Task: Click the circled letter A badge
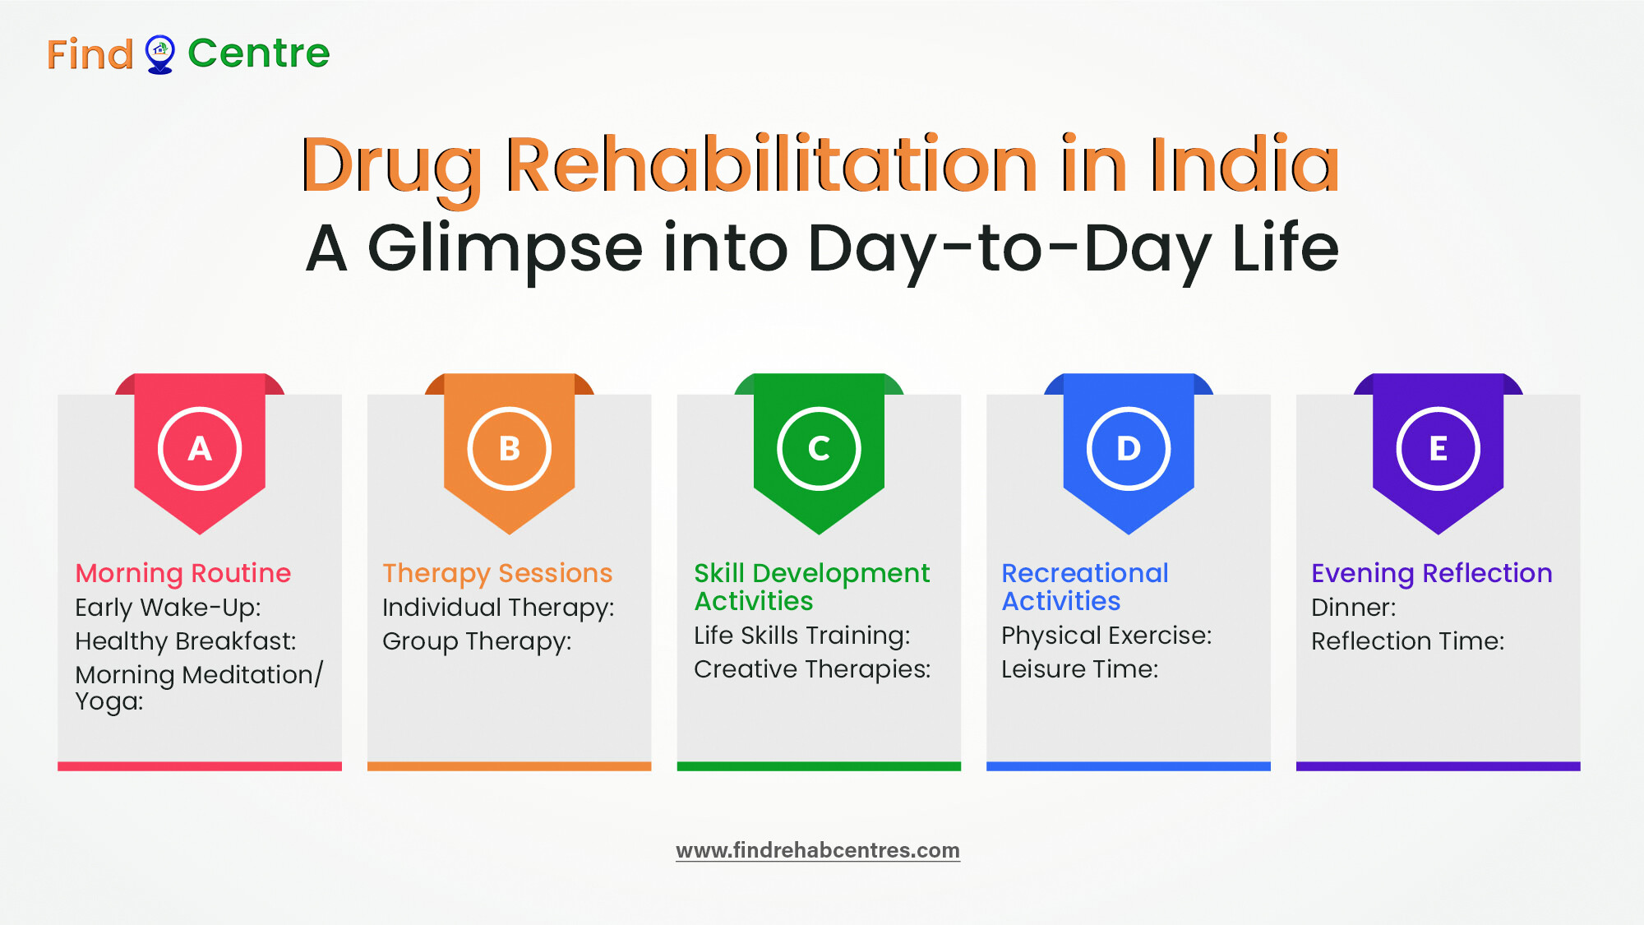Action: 200,448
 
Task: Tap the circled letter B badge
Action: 510,448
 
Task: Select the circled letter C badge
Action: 819,448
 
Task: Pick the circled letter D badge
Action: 1129,448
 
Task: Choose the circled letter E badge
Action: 1438,448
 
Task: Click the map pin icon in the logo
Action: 159,54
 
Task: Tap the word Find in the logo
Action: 90,54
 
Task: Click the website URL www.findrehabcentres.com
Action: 818,850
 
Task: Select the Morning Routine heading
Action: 183,572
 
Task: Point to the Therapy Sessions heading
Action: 497,573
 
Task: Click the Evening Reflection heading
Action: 1432,573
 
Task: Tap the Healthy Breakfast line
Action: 186,641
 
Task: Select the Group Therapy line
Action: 477,641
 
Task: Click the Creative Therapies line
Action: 812,669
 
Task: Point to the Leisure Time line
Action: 1080,669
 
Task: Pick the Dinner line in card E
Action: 1354,608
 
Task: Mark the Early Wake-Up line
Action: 169,608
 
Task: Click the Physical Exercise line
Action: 1106,636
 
